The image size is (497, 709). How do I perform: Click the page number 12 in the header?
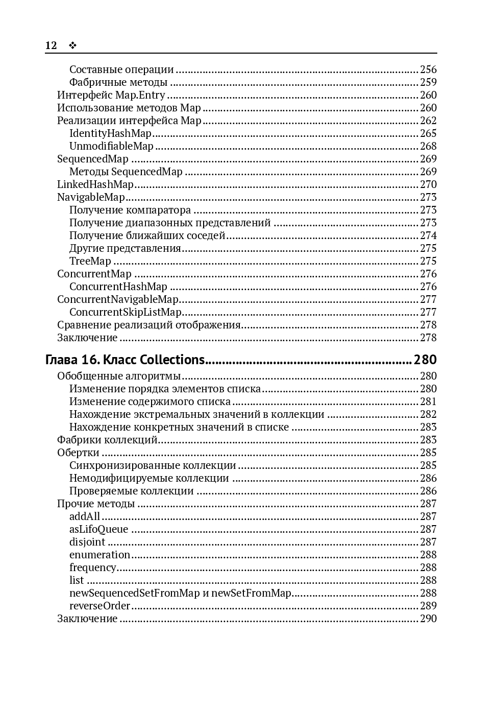tap(51, 45)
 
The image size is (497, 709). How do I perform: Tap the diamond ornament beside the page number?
tap(72, 45)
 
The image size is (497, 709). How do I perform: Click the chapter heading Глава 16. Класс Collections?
tap(125, 360)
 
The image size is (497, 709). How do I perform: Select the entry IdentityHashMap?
tap(110, 133)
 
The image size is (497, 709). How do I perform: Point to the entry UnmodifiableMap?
tap(111, 146)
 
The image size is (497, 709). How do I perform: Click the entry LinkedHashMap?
tap(95, 184)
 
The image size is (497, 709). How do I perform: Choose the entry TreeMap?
tap(90, 261)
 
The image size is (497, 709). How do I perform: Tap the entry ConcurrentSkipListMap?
tap(126, 312)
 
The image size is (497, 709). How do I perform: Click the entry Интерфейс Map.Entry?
tap(111, 95)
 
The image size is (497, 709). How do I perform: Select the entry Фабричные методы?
tap(118, 82)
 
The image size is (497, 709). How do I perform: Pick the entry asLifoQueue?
tap(98, 529)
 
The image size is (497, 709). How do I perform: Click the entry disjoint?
tap(87, 542)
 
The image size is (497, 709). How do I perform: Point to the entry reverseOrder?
tap(100, 606)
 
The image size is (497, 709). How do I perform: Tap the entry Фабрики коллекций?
tap(107, 440)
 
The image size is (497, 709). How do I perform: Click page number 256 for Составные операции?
tap(428, 69)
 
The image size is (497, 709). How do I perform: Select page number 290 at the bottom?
tap(428, 619)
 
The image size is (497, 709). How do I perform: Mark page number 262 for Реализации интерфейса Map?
tap(428, 121)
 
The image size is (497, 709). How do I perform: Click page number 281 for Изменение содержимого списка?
tap(428, 401)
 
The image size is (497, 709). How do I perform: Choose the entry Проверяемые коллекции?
tap(132, 491)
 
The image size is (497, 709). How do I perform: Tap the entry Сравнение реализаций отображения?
tap(149, 325)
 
